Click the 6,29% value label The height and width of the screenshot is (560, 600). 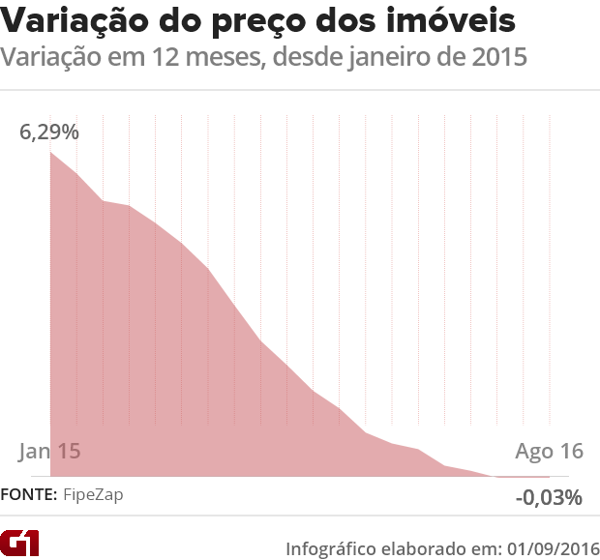tap(49, 133)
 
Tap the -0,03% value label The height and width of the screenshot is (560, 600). tap(549, 498)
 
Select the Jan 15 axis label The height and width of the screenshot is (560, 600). tap(50, 451)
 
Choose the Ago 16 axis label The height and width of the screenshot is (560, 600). tap(548, 451)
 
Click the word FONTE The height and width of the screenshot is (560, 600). tap(28, 494)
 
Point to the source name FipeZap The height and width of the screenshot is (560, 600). tap(94, 494)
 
